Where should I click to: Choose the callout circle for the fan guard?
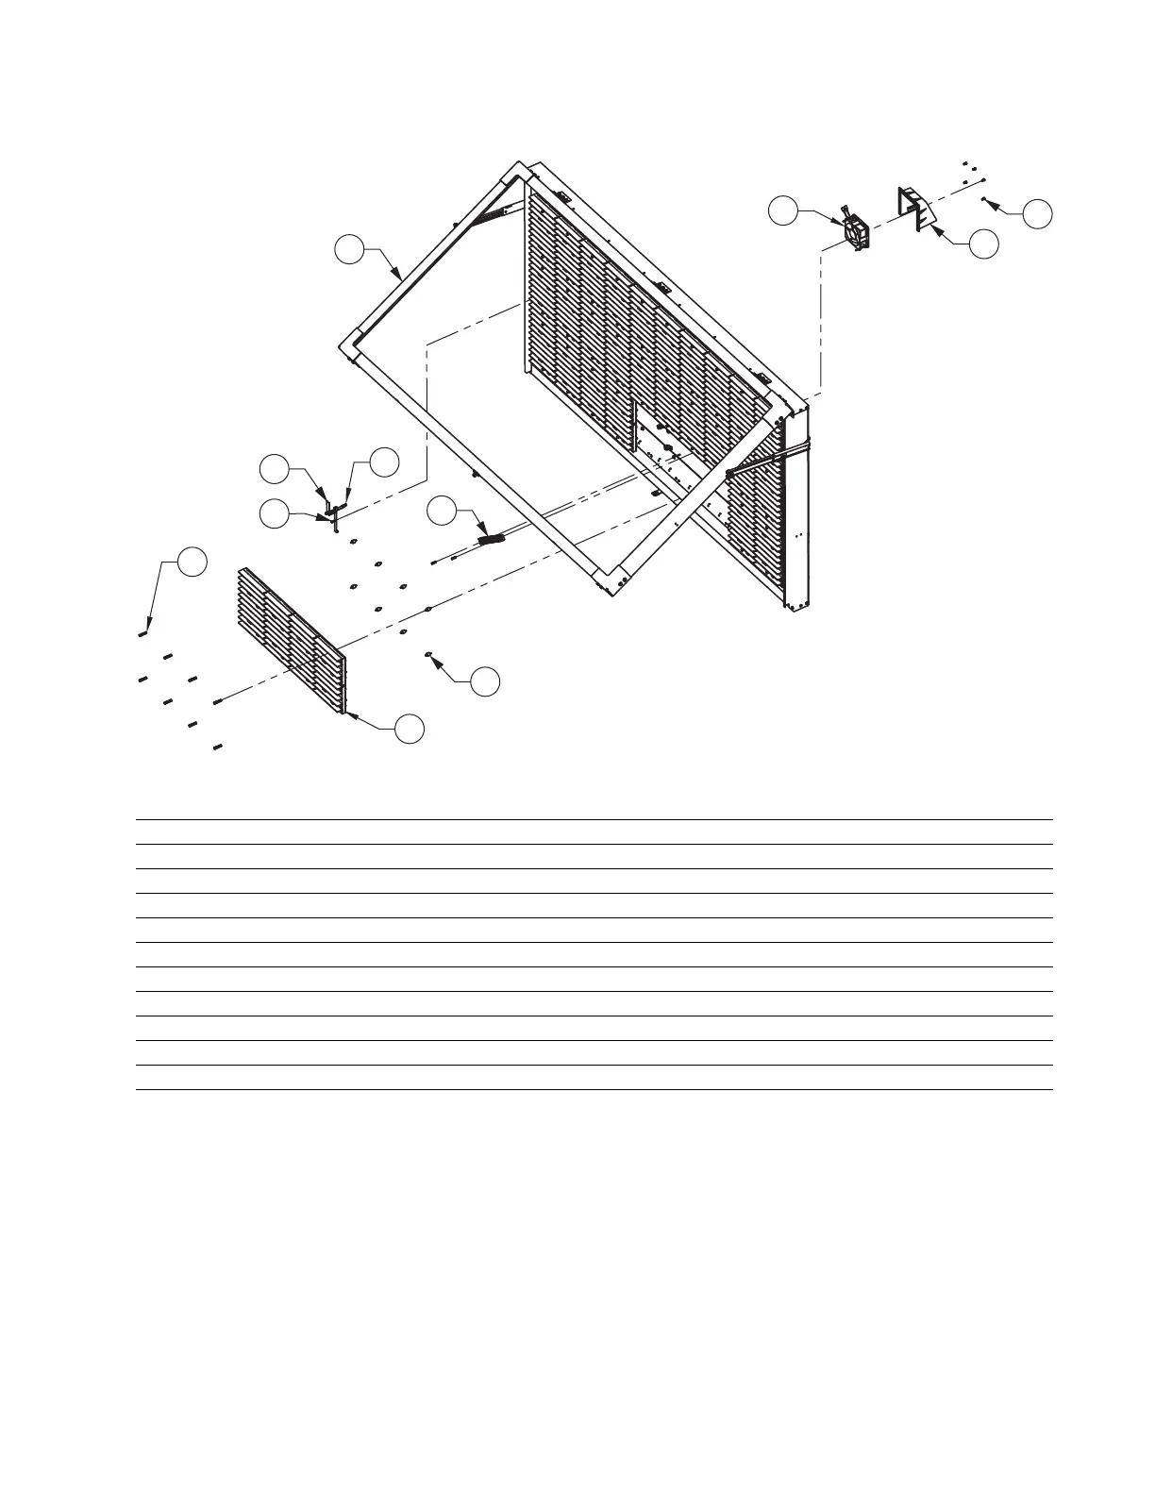984,244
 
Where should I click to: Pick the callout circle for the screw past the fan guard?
1038,213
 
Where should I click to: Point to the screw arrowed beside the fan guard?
984,199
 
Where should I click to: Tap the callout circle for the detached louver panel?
409,729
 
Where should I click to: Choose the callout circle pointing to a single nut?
485,681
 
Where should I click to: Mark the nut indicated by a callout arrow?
429,654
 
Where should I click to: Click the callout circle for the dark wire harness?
441,512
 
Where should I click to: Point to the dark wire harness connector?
493,540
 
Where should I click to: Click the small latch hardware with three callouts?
333,512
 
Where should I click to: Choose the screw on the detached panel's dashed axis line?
218,700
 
